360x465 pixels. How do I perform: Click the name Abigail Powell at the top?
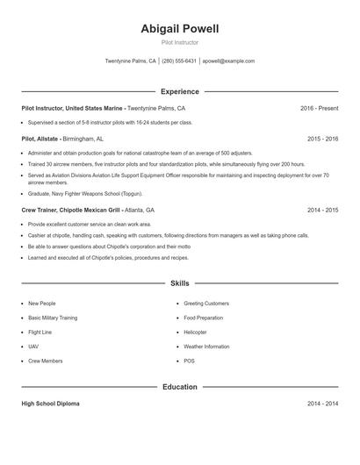pyautogui.click(x=179, y=29)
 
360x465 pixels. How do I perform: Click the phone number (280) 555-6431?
pyautogui.click(x=179, y=61)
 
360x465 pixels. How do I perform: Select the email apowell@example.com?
pyautogui.click(x=228, y=61)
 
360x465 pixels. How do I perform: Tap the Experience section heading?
pyautogui.click(x=179, y=91)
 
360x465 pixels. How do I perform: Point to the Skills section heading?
pyautogui.click(x=179, y=283)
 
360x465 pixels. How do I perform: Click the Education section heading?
pyautogui.click(x=179, y=387)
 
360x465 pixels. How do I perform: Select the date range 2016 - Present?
pyautogui.click(x=319, y=108)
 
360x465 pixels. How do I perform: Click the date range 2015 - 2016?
pyautogui.click(x=322, y=139)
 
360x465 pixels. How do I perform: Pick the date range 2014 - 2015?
pyautogui.click(x=322, y=211)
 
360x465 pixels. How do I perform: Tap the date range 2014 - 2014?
pyautogui.click(x=322, y=404)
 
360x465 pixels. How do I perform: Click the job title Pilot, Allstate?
pyautogui.click(x=40, y=139)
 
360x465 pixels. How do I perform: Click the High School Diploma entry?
pyautogui.click(x=50, y=404)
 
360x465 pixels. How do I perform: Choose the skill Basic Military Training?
pyautogui.click(x=53, y=318)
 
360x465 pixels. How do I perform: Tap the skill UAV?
pyautogui.click(x=33, y=347)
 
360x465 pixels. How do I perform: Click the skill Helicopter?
pyautogui.click(x=195, y=333)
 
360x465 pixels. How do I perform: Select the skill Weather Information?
pyautogui.click(x=206, y=347)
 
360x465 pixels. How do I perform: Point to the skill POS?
pyautogui.click(x=189, y=361)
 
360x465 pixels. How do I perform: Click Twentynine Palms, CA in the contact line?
pyautogui.click(x=130, y=61)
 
